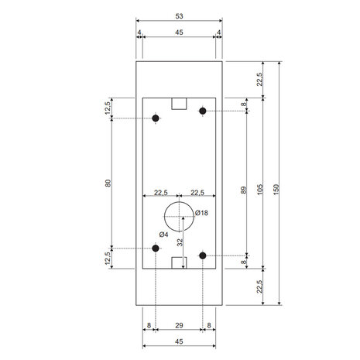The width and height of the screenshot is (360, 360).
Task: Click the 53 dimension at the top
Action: tap(180, 15)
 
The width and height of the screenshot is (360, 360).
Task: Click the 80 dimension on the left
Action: tap(109, 183)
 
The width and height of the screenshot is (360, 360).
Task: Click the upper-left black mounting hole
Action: tap(156, 118)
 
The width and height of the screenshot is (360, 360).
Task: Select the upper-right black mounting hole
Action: tap(203, 111)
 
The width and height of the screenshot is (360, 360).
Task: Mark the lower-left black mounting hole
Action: tap(156, 249)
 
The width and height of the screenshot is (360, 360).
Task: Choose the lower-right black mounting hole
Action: tap(203, 255)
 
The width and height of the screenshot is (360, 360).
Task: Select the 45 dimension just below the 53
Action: tap(180, 32)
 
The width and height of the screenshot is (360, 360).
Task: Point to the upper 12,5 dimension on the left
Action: tap(109, 109)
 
